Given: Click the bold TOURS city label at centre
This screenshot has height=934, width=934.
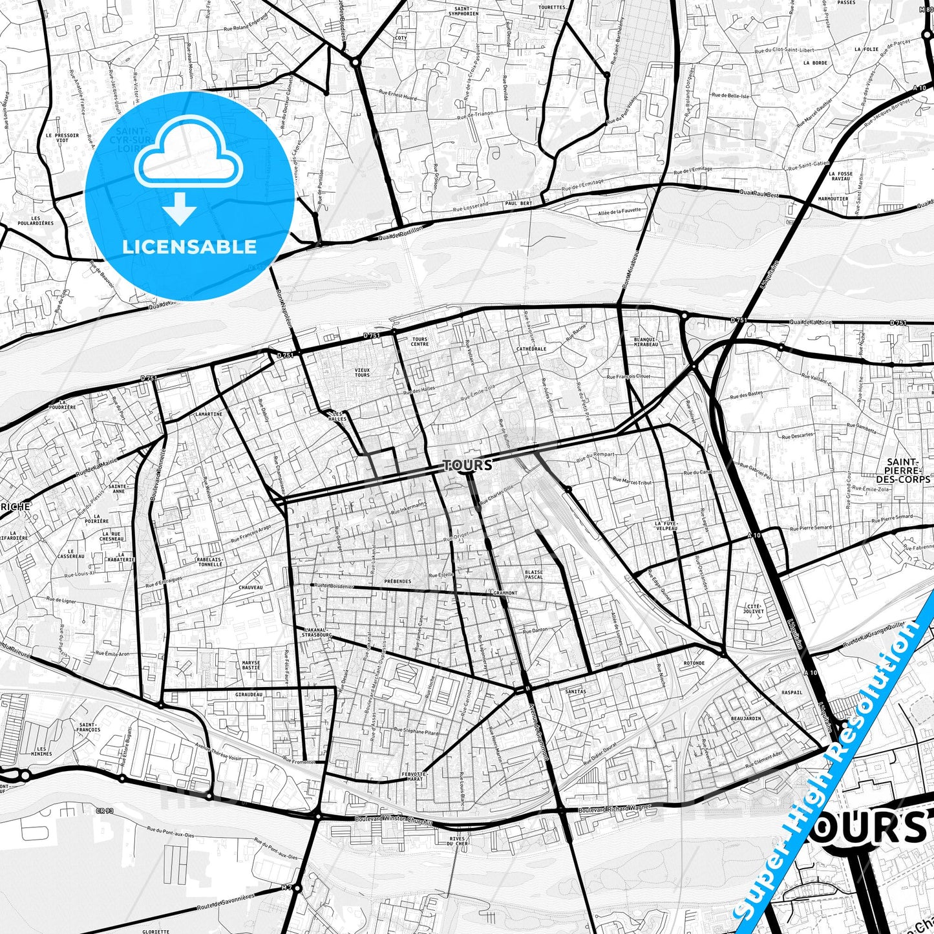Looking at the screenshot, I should (x=468, y=465).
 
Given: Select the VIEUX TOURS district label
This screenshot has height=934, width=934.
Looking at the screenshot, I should (x=362, y=372).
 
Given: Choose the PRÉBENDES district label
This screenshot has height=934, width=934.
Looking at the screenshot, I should (x=398, y=581).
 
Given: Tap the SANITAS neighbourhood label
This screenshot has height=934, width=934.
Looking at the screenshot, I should (x=575, y=691).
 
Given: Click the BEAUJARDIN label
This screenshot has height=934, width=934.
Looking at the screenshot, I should (x=746, y=718).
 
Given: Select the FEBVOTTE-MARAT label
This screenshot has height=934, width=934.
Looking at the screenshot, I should (x=414, y=776).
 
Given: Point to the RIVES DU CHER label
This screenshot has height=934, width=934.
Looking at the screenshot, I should (x=456, y=841).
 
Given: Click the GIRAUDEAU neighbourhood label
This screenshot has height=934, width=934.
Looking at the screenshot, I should (x=249, y=695).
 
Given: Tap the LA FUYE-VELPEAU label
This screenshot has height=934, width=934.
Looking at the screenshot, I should (x=666, y=525).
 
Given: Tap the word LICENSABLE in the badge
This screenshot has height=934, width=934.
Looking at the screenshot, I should (x=189, y=246).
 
